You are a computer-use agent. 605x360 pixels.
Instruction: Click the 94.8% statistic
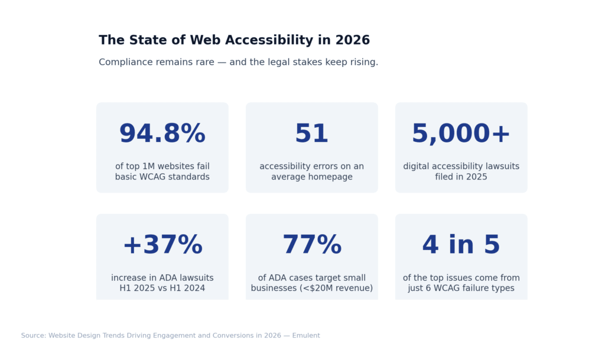click(x=162, y=134)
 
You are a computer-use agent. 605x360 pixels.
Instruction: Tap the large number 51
click(x=311, y=134)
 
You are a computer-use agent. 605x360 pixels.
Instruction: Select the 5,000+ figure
click(x=461, y=134)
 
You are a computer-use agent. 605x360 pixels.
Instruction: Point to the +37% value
click(x=162, y=245)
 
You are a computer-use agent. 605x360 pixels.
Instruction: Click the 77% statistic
click(x=311, y=245)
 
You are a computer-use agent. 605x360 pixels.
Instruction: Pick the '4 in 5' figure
click(x=461, y=245)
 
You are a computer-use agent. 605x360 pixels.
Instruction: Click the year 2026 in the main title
click(x=352, y=40)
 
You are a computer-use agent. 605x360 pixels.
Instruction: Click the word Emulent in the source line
click(x=306, y=336)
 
